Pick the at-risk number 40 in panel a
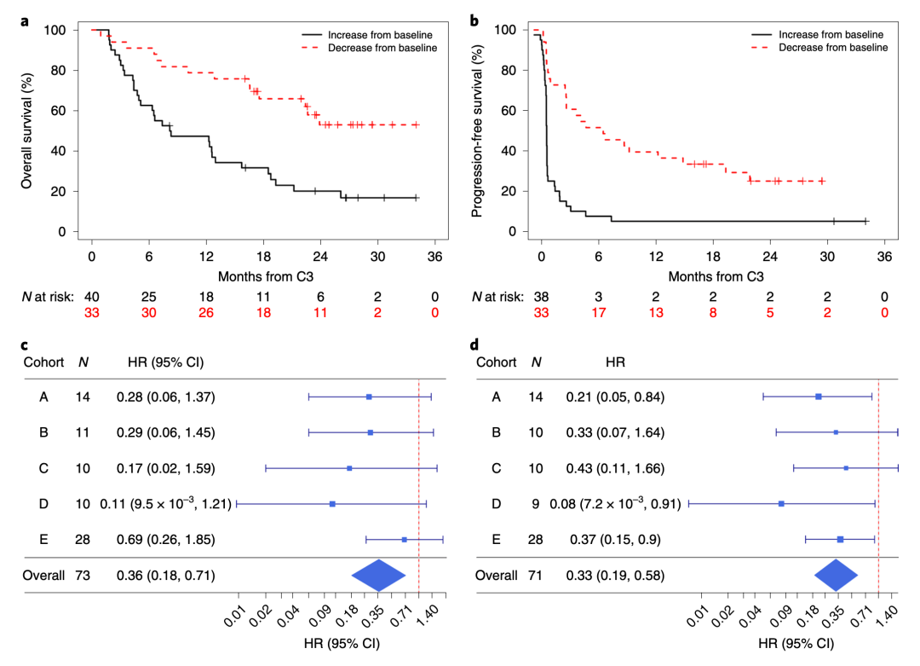[91, 296]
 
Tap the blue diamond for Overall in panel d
[837, 576]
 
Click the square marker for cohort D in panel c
[332, 504]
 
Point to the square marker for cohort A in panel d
[819, 397]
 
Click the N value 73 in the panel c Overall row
[83, 576]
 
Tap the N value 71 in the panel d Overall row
[535, 576]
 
